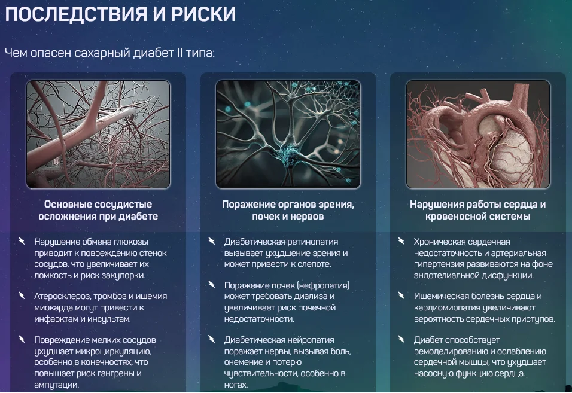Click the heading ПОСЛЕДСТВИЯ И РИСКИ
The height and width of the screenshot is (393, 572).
click(120, 15)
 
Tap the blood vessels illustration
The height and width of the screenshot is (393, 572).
click(98, 134)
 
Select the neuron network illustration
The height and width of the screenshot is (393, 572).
click(288, 134)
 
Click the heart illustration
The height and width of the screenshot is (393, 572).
click(477, 134)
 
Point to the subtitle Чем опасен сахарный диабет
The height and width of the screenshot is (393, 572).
click(109, 53)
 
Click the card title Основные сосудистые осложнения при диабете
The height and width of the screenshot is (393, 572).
click(98, 210)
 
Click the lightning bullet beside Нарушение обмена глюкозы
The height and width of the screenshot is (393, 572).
click(22, 242)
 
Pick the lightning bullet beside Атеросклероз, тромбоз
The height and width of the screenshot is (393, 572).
click(22, 296)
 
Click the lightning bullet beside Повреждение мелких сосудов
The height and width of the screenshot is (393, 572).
click(22, 340)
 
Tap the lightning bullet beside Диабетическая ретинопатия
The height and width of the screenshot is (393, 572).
click(211, 242)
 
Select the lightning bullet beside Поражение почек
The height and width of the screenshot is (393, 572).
click(211, 285)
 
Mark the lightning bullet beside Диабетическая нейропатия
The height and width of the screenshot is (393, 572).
click(211, 340)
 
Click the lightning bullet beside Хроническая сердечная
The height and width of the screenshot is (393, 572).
click(401, 242)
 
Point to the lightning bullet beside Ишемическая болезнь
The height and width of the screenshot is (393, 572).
click(401, 296)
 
